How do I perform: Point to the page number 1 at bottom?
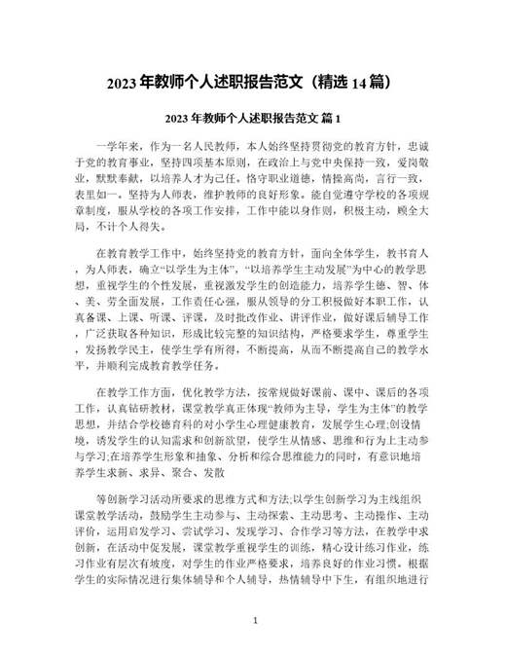coord(254,619)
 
